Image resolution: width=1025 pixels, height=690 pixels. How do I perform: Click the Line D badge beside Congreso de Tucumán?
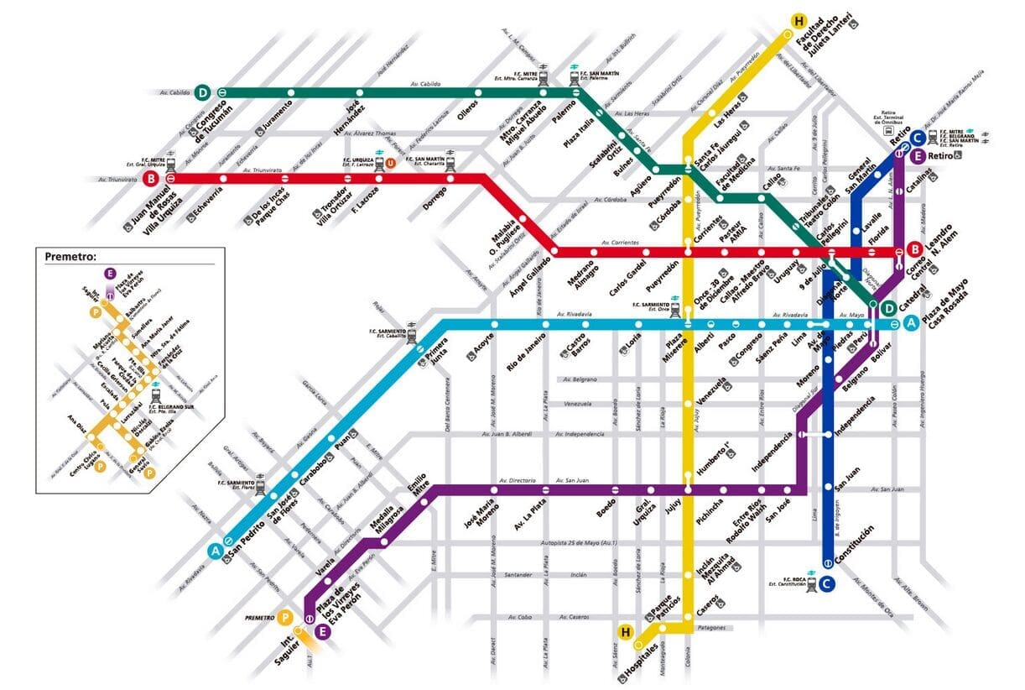(x=202, y=92)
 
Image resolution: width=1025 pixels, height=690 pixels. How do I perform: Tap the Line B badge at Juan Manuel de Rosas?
(x=151, y=179)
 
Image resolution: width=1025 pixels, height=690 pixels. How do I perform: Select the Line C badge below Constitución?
(x=827, y=584)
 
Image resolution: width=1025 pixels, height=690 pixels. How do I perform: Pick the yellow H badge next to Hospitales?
(x=624, y=631)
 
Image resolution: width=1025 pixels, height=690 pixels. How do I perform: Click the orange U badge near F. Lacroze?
(x=390, y=163)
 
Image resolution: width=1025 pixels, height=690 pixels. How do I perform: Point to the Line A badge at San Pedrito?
(x=215, y=551)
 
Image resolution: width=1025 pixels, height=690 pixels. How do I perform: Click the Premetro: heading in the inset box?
(x=70, y=257)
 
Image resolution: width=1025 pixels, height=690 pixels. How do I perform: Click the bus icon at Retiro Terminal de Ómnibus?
(x=889, y=130)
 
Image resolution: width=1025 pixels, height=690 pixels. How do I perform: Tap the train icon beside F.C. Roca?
(x=811, y=588)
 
